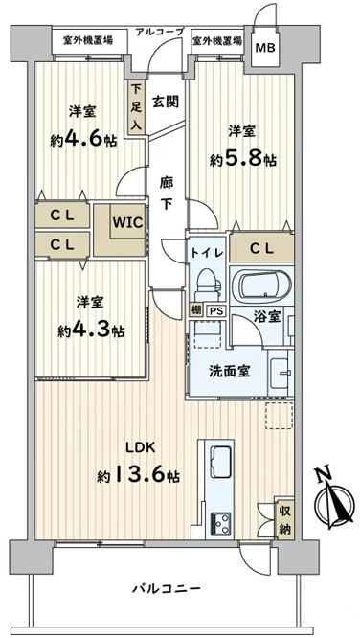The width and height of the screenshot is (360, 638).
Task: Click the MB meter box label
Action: point(265,48)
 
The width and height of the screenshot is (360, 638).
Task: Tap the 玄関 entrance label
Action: point(166,101)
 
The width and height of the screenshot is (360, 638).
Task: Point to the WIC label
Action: point(127,222)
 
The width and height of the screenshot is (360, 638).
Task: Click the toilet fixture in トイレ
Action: point(209,285)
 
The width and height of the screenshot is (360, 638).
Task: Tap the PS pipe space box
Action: point(216,311)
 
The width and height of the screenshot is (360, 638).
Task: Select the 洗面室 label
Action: point(230,371)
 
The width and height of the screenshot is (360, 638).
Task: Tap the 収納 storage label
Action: point(284,517)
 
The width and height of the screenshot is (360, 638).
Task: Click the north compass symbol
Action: point(334,502)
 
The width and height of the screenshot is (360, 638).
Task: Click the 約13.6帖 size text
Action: point(138,474)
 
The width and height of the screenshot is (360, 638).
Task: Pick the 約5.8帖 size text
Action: point(243,159)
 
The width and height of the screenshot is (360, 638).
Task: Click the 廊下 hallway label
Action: point(166,194)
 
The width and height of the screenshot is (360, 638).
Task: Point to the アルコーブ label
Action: point(160,32)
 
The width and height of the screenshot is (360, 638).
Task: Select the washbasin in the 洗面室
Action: point(280,373)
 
